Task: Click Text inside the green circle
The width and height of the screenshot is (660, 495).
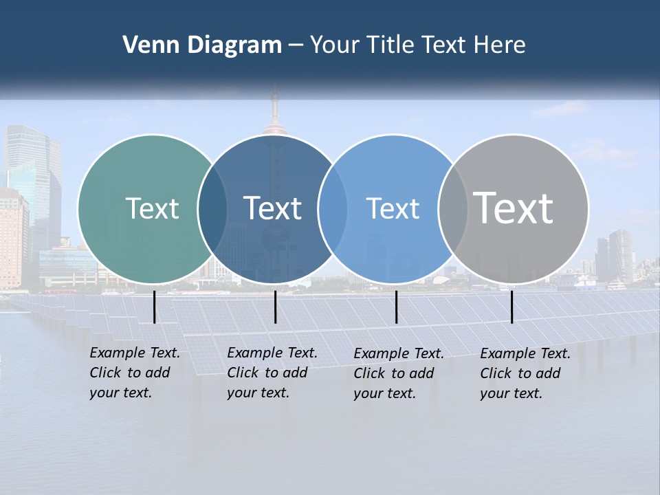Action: point(152,208)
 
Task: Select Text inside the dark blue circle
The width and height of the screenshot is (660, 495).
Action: point(272,208)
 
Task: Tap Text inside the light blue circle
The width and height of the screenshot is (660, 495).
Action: point(393,208)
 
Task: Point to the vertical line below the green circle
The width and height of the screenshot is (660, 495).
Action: point(154,307)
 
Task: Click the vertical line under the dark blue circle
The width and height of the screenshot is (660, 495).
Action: point(275,307)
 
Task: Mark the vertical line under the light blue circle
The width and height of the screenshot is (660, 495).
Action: point(396,307)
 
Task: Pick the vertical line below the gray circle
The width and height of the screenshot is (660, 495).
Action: point(511,307)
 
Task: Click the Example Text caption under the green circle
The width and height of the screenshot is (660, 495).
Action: point(135,353)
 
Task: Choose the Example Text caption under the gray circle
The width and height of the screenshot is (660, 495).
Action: point(525,353)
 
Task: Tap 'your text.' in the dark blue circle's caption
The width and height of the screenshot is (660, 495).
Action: point(258,393)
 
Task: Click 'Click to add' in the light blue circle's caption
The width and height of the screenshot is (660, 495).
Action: point(393,373)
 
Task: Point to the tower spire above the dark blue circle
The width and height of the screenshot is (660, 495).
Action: point(274,103)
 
